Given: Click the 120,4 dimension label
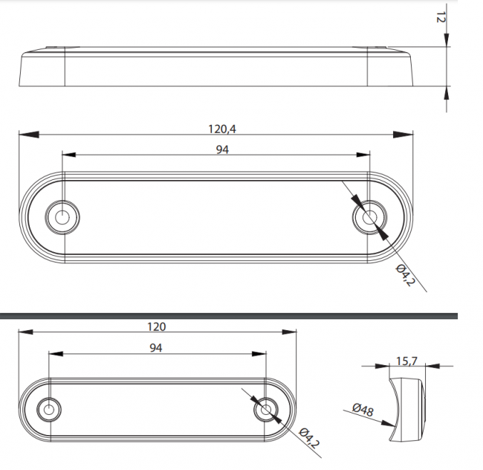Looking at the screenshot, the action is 222,129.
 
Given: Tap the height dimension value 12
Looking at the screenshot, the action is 441,18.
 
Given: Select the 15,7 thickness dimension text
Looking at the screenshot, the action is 406,361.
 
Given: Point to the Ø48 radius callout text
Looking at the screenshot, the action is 363,410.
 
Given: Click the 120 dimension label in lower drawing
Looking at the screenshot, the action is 157,326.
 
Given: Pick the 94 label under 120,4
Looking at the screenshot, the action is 222,149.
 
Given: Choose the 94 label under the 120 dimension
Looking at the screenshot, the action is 156,348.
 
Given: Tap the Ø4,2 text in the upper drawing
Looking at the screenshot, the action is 406,275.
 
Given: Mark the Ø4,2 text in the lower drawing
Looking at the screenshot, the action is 309,437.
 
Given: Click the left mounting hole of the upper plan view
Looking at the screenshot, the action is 62,217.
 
